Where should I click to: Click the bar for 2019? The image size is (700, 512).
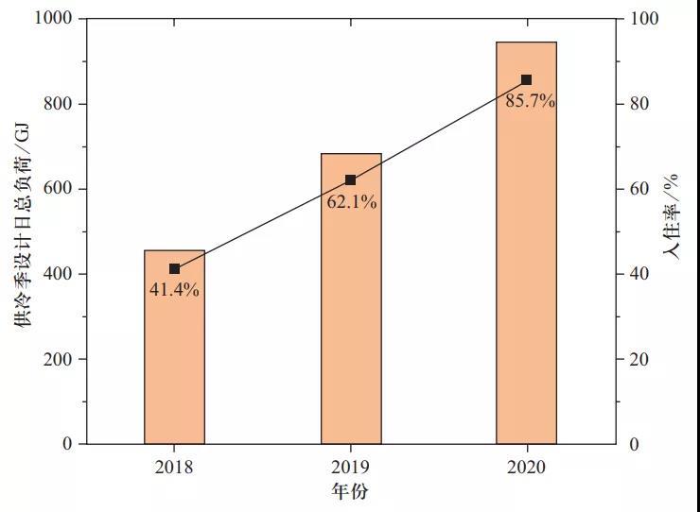351,312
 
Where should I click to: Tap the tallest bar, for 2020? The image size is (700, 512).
527,255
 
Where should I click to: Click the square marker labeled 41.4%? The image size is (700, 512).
174,269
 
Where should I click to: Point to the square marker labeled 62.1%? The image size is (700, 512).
351,180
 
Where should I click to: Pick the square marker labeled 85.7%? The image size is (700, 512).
527,80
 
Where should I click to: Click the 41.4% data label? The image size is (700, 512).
174,290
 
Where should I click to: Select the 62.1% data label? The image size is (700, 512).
352,201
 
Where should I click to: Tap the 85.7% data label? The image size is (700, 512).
530,101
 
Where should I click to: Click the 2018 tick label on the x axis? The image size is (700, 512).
174,467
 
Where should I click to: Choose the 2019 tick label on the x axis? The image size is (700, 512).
351,467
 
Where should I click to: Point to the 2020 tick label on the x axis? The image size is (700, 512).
527,467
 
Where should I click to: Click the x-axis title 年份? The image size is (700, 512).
351,491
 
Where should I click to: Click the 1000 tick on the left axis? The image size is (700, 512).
53,19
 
